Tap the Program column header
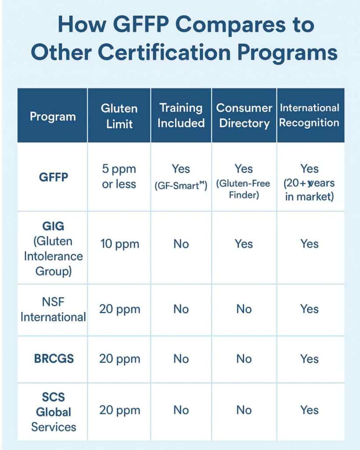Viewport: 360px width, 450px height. click(x=53, y=116)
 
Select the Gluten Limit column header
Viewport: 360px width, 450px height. click(x=119, y=116)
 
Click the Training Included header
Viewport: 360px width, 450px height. click(x=181, y=116)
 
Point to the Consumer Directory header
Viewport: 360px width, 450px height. click(x=244, y=116)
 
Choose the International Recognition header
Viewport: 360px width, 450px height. click(x=309, y=115)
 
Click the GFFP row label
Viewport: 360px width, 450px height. click(x=53, y=177)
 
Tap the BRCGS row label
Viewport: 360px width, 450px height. click(x=54, y=359)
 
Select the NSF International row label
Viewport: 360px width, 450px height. click(x=53, y=309)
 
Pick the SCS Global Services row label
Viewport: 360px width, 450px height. click(x=53, y=412)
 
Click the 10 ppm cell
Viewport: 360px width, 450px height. click(x=120, y=244)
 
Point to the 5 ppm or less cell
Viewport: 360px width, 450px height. click(x=119, y=176)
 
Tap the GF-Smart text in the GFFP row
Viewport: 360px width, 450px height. click(x=181, y=186)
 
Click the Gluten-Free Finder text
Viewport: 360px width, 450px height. click(x=243, y=189)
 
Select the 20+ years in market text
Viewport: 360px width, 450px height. click(x=309, y=190)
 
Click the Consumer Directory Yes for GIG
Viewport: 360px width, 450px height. click(x=244, y=244)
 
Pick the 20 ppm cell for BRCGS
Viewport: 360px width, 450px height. click(x=120, y=359)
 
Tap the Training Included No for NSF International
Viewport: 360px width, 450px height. click(x=181, y=309)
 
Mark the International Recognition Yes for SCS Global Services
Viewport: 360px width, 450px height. click(x=309, y=410)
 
